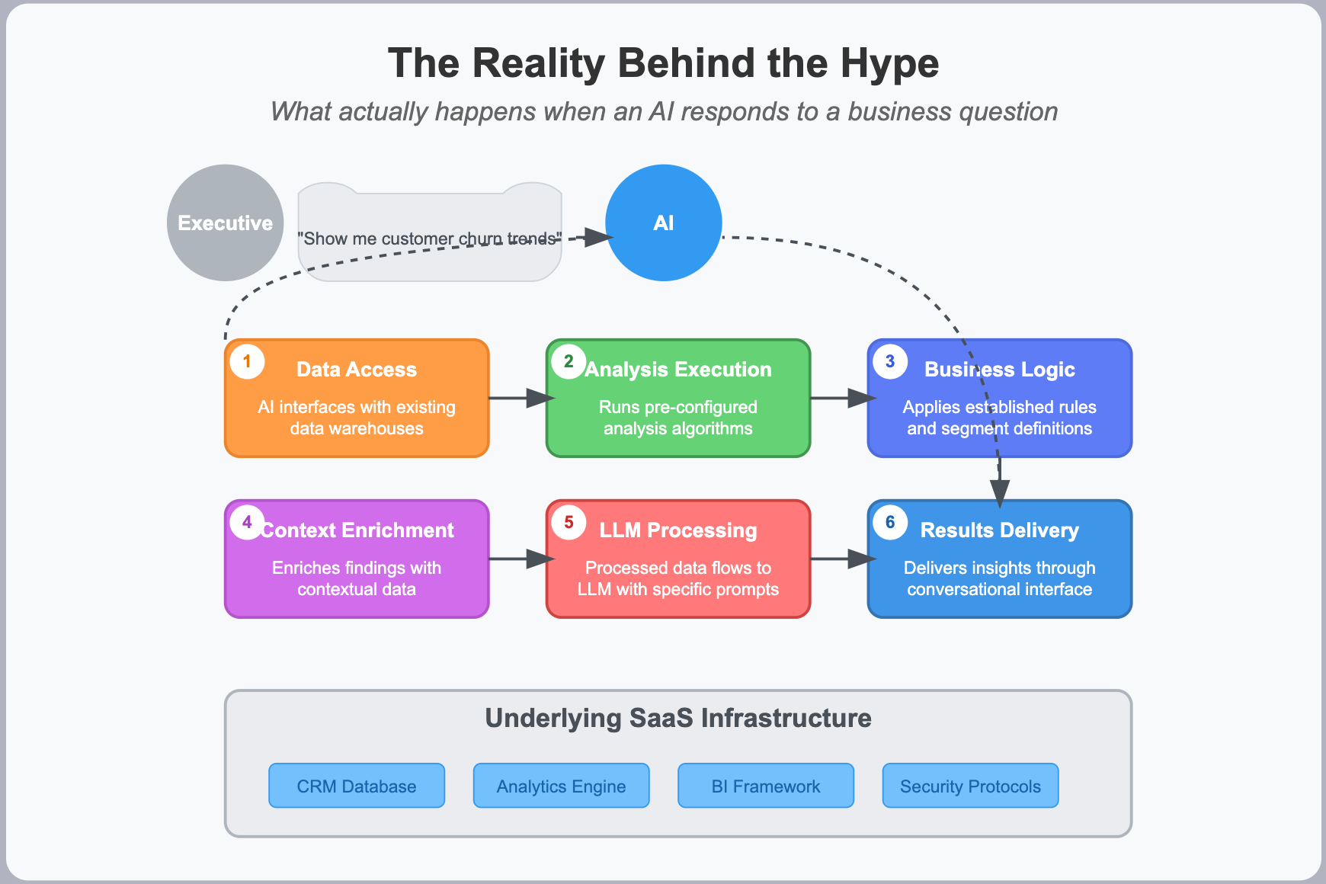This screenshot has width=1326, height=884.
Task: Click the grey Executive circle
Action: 225,223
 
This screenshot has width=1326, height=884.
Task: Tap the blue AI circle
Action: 663,223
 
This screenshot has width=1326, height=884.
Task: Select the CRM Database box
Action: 357,786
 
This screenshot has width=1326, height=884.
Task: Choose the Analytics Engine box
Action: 561,786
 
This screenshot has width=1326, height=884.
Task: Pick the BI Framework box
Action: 765,786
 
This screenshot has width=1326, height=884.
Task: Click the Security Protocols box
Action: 970,786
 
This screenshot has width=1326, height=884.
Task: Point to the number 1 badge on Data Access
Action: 247,361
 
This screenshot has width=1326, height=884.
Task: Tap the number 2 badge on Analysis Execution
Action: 569,361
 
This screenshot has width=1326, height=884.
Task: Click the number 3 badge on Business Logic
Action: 890,361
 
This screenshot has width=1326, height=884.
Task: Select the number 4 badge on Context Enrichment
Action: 247,523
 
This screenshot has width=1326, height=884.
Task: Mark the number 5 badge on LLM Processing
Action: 569,523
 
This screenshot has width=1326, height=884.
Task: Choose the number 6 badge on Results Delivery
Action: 890,523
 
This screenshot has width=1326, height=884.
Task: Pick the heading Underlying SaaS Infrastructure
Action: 678,718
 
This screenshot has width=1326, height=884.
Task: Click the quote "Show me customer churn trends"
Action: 429,239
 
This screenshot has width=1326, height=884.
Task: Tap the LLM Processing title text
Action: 678,530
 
